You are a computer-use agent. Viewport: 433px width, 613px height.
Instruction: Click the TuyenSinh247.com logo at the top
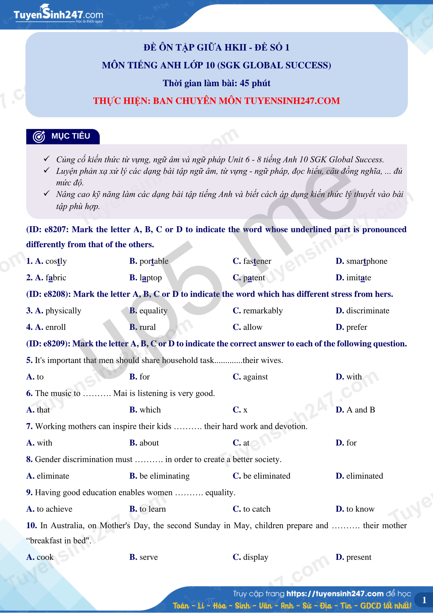click(x=58, y=15)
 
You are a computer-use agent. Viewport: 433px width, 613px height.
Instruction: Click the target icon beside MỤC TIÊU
click(x=39, y=137)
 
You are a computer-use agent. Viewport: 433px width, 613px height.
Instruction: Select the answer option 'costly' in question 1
click(x=56, y=261)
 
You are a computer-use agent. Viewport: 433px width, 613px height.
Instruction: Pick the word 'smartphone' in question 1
click(x=366, y=261)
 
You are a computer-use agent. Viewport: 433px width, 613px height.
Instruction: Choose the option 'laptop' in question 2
click(x=151, y=278)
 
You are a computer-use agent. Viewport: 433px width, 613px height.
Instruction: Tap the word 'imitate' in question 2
click(x=358, y=278)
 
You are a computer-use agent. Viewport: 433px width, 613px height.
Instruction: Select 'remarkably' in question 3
click(x=263, y=311)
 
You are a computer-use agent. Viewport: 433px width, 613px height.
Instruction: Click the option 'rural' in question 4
click(x=148, y=327)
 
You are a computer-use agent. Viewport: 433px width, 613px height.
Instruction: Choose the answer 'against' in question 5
click(x=255, y=377)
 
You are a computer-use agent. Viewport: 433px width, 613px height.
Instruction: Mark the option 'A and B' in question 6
click(x=361, y=410)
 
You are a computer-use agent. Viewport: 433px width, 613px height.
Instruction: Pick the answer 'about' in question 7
click(x=149, y=443)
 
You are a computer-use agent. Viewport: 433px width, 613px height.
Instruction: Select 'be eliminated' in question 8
click(x=267, y=476)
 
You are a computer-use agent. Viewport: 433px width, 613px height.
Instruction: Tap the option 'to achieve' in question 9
click(x=55, y=509)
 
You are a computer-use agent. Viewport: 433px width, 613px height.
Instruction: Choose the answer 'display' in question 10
click(x=255, y=557)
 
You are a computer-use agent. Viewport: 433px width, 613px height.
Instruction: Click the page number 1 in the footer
click(x=424, y=600)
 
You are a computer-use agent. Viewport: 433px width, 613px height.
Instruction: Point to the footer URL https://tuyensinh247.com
click(x=335, y=594)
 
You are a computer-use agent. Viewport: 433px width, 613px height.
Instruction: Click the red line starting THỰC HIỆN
click(x=216, y=101)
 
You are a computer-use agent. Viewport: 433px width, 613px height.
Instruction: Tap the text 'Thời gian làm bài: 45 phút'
click(x=216, y=83)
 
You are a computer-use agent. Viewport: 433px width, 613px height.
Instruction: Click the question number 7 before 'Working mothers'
click(x=29, y=426)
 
